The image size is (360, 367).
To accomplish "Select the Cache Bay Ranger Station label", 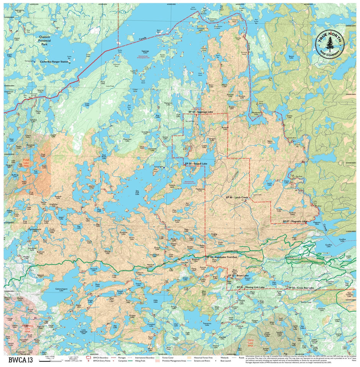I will point(53,61).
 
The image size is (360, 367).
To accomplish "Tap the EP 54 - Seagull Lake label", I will point(196,164).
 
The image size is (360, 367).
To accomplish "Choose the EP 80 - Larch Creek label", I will point(237,197).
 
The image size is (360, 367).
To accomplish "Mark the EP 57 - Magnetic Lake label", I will point(295,221).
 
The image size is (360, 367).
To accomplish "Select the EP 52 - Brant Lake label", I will point(237,275).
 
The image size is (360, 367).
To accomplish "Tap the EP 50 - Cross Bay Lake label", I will point(301,287).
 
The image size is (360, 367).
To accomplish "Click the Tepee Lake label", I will point(270,142).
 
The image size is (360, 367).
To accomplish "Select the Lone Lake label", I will point(87,104).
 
